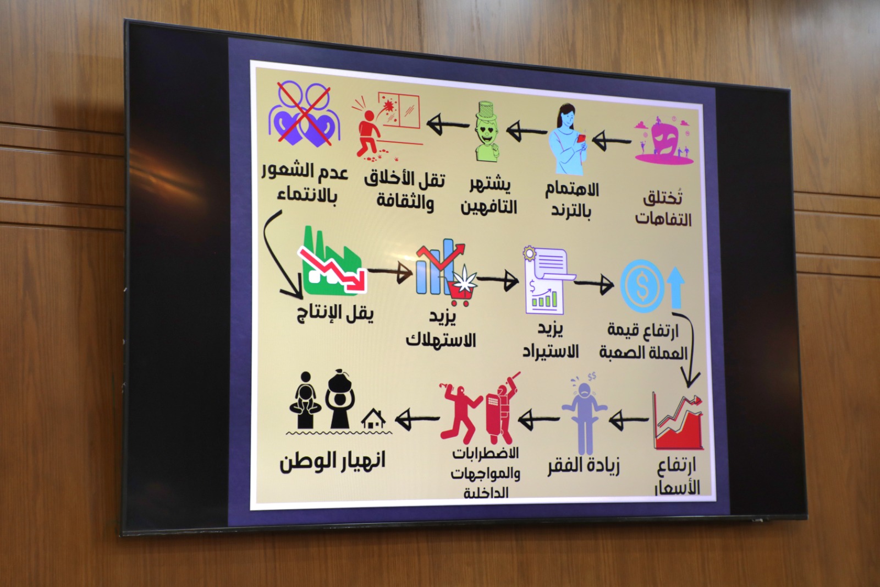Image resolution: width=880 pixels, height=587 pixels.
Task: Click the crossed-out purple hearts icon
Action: tap(305, 113)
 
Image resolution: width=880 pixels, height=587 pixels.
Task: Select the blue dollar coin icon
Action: tap(641, 285)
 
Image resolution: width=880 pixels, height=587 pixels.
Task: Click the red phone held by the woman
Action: tap(581, 139)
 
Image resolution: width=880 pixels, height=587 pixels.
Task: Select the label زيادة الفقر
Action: tap(584, 467)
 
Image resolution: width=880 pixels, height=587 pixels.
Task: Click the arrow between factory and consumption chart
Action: tap(391, 271)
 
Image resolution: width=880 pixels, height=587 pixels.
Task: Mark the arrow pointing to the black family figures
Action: tap(416, 418)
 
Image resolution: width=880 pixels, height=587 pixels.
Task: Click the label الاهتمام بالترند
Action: tap(572, 200)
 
